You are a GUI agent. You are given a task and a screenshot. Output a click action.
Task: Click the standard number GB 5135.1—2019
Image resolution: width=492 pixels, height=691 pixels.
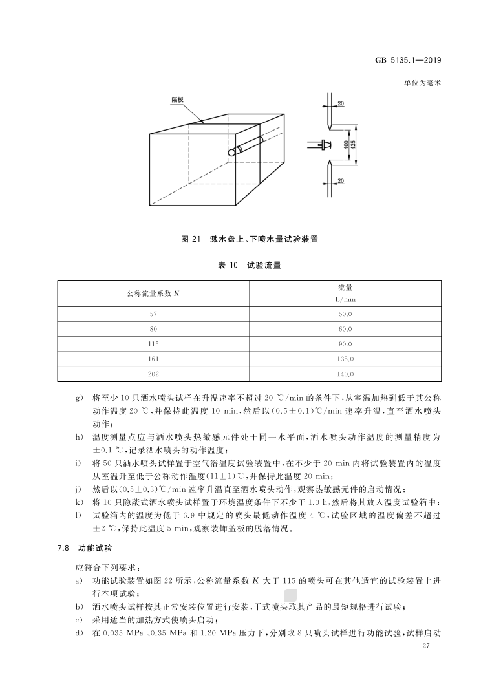(x=409, y=61)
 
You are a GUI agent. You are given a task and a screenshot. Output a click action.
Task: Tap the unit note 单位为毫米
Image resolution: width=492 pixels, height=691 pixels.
(x=422, y=83)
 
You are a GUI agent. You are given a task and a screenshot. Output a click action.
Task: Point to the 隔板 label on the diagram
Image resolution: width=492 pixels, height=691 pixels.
(x=177, y=100)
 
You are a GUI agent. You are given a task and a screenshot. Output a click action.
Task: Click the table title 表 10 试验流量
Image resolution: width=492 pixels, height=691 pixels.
(x=250, y=264)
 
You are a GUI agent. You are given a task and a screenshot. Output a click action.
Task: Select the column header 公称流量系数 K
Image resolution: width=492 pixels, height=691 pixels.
(x=153, y=293)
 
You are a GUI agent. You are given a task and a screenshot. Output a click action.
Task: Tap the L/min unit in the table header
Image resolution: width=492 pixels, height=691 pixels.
(x=345, y=299)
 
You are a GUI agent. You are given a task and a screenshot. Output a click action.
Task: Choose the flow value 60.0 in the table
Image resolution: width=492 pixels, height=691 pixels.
(x=345, y=329)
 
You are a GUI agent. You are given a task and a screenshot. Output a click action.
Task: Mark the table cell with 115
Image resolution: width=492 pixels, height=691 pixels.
(x=153, y=344)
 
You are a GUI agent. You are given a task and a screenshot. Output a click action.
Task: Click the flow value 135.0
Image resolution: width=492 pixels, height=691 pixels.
(x=345, y=359)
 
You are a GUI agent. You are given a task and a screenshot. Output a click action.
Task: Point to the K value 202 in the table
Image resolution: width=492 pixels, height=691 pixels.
(x=153, y=374)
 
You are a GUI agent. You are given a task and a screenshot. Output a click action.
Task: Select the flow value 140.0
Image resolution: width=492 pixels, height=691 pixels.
(x=345, y=374)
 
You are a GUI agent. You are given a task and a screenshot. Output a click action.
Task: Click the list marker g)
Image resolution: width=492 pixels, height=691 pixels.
(x=80, y=395)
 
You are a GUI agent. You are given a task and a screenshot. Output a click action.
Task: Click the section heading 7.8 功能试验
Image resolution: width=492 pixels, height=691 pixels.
(x=85, y=547)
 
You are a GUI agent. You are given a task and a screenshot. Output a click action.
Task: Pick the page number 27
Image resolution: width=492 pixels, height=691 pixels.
(x=425, y=646)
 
